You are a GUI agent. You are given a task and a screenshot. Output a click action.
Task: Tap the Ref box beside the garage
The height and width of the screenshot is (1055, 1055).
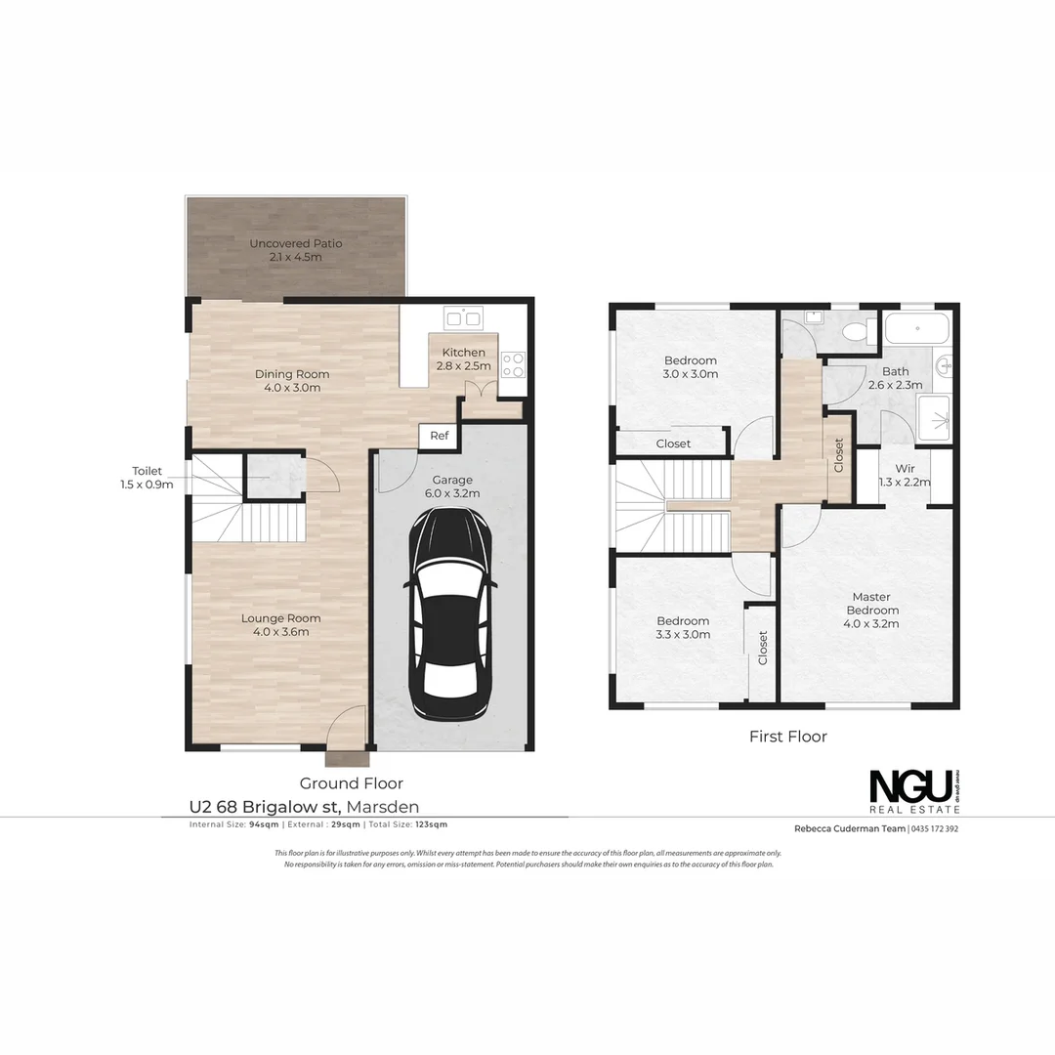(440, 436)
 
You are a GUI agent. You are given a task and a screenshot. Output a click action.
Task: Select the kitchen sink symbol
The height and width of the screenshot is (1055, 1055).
(463, 317)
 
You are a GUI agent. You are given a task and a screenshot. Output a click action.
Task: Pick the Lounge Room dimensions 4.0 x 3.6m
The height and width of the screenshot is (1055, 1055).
(281, 632)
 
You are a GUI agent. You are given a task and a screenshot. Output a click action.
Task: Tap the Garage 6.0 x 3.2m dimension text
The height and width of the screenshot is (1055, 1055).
(452, 493)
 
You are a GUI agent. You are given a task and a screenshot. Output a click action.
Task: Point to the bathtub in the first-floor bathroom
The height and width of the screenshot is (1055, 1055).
(916, 329)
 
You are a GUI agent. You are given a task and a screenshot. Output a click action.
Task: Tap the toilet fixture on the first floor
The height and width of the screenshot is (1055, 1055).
(860, 331)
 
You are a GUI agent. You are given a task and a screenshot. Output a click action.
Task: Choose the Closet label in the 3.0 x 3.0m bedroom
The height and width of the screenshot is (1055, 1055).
(673, 443)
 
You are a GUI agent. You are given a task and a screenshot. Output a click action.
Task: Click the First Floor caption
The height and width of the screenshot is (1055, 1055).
(787, 737)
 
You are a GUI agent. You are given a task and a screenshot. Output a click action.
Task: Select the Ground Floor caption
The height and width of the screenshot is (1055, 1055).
(351, 783)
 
